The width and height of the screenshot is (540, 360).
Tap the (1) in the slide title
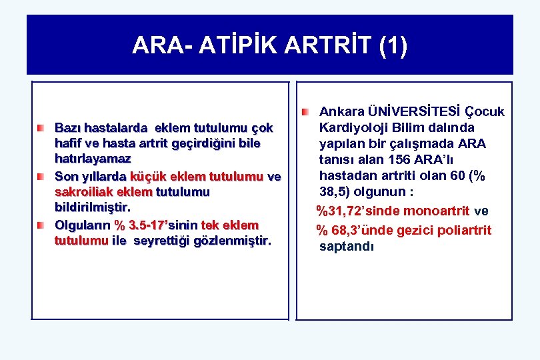[x=391, y=45]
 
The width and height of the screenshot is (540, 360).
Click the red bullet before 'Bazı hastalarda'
[x=41, y=127]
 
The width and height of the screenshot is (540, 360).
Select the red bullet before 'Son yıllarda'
[x=41, y=176]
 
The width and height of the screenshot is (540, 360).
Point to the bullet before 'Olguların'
[x=41, y=225]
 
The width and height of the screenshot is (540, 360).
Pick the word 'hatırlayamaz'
[x=93, y=159]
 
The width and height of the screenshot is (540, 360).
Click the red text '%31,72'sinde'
[x=358, y=211]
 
